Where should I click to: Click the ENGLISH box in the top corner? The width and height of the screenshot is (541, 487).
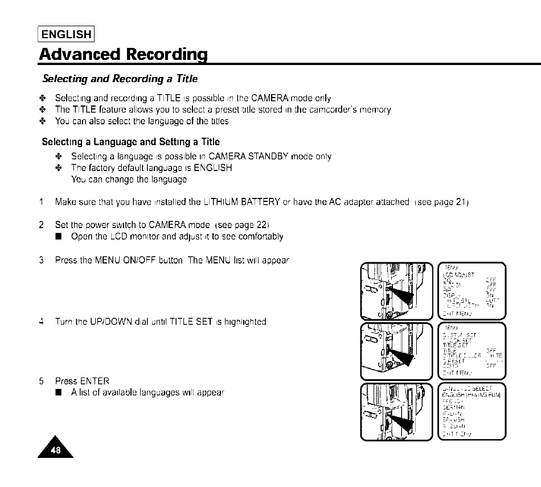tap(67, 34)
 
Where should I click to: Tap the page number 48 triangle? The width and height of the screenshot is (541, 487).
tap(55, 448)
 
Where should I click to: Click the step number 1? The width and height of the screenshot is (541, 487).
tap(42, 201)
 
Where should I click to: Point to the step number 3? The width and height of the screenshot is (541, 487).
tap(42, 261)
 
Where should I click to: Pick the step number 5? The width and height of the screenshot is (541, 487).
tap(42, 380)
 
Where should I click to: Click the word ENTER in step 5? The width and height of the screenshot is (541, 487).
tap(95, 380)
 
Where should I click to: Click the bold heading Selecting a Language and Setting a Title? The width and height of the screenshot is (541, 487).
tap(130, 141)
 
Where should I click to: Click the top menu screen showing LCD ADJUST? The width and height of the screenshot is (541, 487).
tap(472, 290)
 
